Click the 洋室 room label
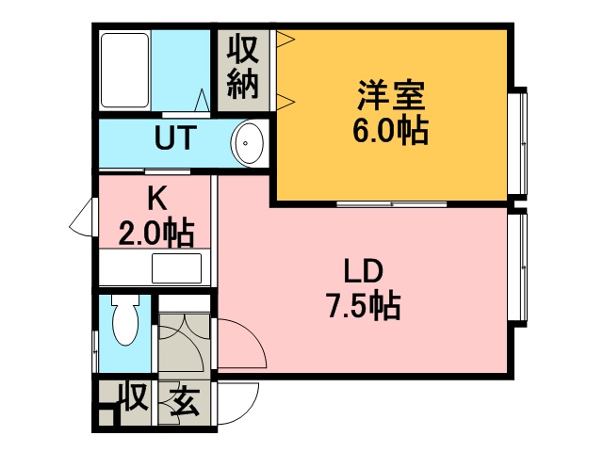click(391, 96)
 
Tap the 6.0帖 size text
click(391, 131)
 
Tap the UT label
click(174, 139)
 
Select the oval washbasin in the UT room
click(250, 144)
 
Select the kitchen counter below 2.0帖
click(153, 267)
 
